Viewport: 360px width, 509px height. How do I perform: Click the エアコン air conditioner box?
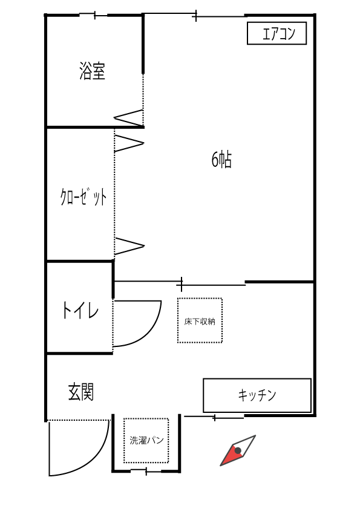coord(277,33)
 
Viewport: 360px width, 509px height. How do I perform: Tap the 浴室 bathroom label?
coord(93,71)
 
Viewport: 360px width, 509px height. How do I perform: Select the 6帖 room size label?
coord(221,160)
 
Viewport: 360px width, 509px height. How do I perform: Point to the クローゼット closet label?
coord(83,196)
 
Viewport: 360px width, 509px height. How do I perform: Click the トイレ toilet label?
coord(80,310)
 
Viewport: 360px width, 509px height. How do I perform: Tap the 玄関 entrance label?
coord(81,392)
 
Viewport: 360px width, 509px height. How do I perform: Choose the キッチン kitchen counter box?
coord(257,395)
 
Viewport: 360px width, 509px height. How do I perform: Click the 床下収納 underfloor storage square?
coord(200,320)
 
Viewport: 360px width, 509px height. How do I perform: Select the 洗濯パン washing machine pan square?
coord(146,441)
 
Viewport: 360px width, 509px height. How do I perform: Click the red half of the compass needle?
coord(232,455)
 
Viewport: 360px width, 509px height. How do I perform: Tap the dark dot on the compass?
coord(238,450)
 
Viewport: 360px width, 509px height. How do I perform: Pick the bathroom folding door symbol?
coord(129,118)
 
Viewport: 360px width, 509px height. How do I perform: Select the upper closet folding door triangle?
coord(129,143)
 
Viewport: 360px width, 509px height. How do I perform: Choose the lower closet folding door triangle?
coord(129,246)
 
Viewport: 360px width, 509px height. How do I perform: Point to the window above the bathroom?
coord(94,15)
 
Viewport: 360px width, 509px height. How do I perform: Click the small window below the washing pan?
coord(146,471)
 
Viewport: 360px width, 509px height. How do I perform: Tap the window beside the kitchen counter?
coord(214,417)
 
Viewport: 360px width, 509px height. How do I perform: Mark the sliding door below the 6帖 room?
coord(181,284)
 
